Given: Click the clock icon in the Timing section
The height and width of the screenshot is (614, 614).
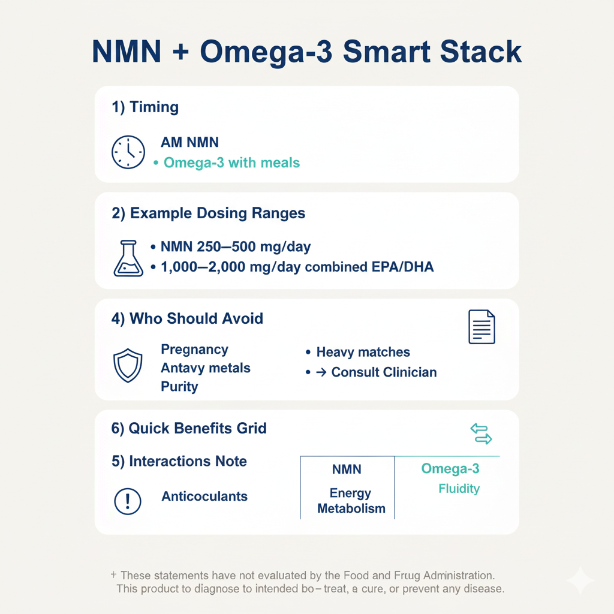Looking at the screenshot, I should (128, 152).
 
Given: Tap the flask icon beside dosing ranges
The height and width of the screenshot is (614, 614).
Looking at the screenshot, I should (128, 258).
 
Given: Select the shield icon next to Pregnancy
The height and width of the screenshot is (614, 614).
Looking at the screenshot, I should (128, 366).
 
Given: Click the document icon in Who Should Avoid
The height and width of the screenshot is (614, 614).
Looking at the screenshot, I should (481, 327).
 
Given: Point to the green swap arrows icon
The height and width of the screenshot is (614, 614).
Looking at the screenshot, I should (481, 434).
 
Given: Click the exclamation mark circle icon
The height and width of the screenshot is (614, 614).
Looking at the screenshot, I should (127, 501).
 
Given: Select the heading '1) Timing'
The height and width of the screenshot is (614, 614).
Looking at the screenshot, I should (145, 107).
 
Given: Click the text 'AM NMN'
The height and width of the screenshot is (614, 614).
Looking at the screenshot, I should (189, 143).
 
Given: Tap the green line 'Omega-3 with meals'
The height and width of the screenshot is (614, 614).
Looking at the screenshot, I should (231, 162).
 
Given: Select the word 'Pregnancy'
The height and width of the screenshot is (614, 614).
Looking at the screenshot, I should (194, 350).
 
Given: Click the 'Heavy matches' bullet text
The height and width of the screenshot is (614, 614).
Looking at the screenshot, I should (363, 352).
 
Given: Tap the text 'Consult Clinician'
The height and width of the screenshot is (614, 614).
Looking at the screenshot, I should (384, 372).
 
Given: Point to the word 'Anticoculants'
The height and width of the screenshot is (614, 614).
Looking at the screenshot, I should (204, 496).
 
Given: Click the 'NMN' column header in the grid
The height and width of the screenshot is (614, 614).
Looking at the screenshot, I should (347, 469).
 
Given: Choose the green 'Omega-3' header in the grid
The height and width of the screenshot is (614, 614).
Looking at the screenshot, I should (450, 468).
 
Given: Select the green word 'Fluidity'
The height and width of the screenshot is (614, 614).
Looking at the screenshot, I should (459, 489).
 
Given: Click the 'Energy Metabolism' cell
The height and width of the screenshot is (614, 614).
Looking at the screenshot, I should (351, 501).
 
